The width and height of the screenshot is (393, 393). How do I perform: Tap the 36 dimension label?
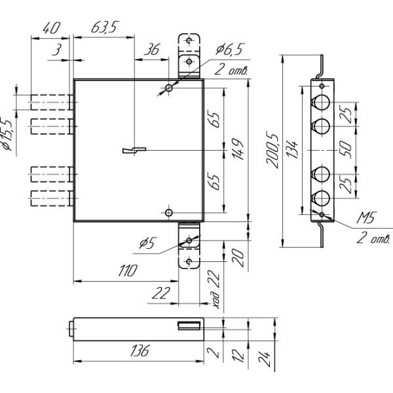tap(152, 49)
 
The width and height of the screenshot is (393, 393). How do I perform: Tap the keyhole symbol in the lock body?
tap(132, 151)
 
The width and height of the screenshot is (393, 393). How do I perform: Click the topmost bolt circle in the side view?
tap(322, 102)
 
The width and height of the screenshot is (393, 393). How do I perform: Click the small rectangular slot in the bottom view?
tap(189, 326)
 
